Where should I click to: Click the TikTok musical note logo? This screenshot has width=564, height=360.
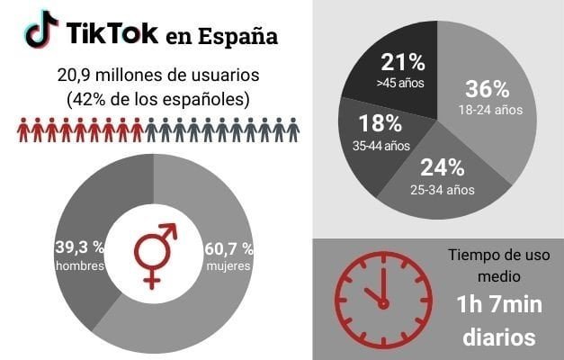click(40, 31)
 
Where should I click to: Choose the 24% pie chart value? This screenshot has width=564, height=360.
click(442, 166)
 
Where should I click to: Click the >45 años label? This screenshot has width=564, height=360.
click(401, 83)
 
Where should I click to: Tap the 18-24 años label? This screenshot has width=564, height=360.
click(488, 110)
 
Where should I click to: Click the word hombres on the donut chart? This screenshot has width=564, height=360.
click(81, 266)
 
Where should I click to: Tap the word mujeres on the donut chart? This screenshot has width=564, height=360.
click(228, 266)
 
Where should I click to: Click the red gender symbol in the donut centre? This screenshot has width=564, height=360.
click(155, 255)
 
